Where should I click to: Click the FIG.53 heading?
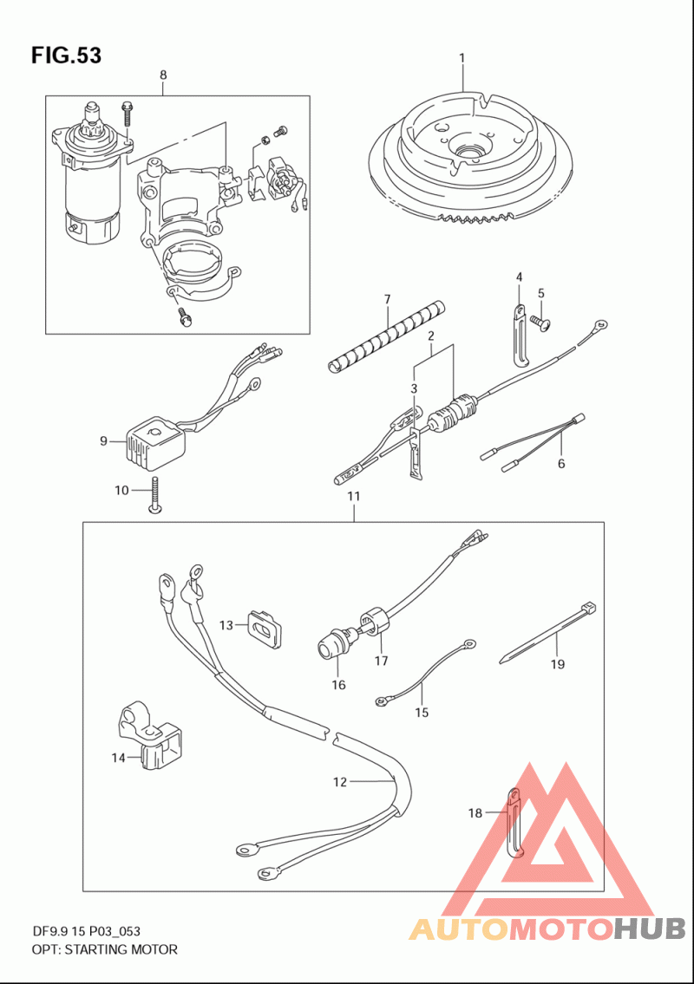(x=66, y=55)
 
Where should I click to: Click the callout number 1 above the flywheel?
(x=462, y=58)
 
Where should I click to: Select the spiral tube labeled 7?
(x=387, y=336)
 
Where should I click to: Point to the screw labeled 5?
(x=538, y=322)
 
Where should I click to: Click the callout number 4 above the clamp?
(x=520, y=277)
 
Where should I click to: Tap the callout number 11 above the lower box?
(x=354, y=496)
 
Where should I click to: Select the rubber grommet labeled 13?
(x=264, y=626)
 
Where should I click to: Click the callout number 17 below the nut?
(x=381, y=660)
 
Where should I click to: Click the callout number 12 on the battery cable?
(x=340, y=782)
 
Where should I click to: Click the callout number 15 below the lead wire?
(x=422, y=713)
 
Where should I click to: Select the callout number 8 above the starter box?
(x=163, y=75)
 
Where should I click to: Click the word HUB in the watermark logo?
(x=650, y=929)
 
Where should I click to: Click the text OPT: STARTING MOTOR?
(x=105, y=949)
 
